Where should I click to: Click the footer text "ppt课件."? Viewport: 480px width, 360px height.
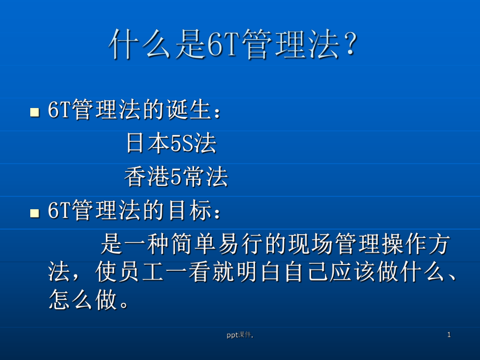click(x=239, y=335)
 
